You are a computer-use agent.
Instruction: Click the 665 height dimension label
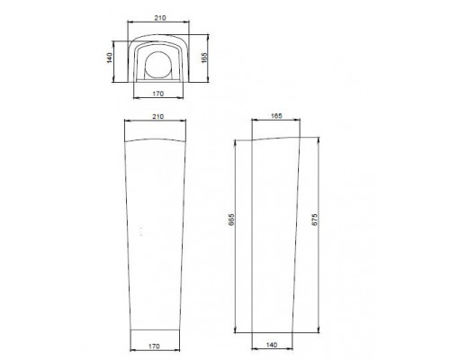231,220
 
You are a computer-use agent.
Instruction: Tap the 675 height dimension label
314,220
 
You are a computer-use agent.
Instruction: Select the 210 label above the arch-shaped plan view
160,18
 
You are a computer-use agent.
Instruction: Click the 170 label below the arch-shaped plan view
158,94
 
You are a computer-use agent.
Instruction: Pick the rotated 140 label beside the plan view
110,58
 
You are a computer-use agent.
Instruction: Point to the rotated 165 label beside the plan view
204,58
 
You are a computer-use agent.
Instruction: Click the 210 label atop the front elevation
158,116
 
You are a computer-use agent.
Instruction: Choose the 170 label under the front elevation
154,346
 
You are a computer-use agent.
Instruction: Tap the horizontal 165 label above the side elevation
276,116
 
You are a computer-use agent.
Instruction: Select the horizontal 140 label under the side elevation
272,345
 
